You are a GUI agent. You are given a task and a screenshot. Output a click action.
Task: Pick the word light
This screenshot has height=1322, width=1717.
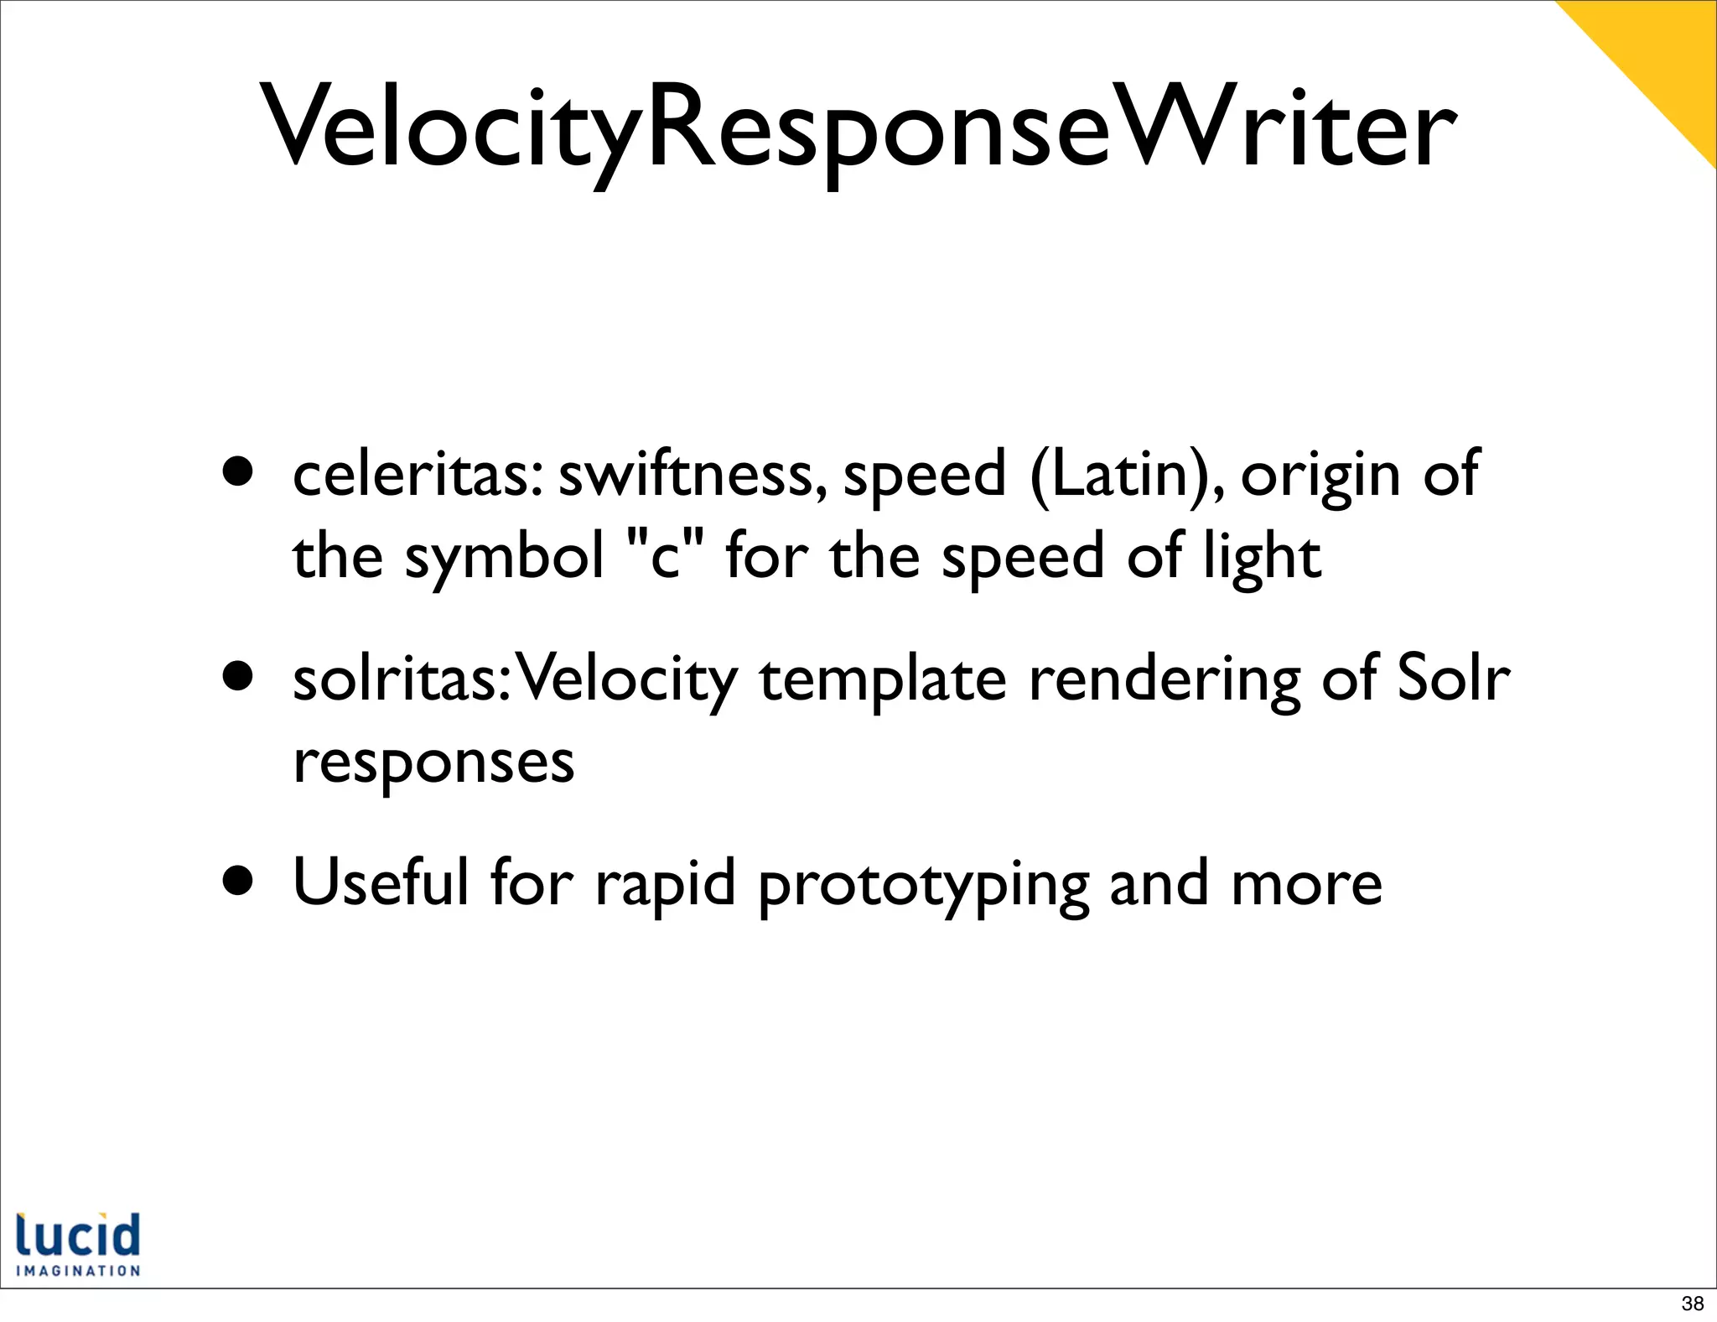tap(1263, 558)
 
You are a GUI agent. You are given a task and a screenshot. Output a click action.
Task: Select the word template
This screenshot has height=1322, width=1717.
tap(882, 681)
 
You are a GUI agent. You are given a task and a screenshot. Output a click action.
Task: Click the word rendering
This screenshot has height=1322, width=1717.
tap(1165, 681)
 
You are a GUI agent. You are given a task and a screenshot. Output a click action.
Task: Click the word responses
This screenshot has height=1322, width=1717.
tap(433, 763)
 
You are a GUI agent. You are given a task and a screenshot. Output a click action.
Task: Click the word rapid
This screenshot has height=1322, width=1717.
tap(665, 887)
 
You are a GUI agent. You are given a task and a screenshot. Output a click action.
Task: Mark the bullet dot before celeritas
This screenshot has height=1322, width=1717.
tap(238, 472)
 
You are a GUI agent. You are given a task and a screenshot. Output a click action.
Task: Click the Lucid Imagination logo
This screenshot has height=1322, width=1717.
tap(78, 1244)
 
